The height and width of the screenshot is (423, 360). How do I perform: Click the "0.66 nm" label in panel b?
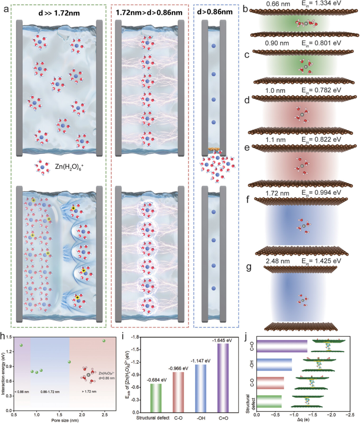(x=277, y=5)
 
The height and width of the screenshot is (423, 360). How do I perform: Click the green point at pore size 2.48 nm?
(x=104, y=341)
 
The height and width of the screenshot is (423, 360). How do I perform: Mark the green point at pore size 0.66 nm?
(x=21, y=345)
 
